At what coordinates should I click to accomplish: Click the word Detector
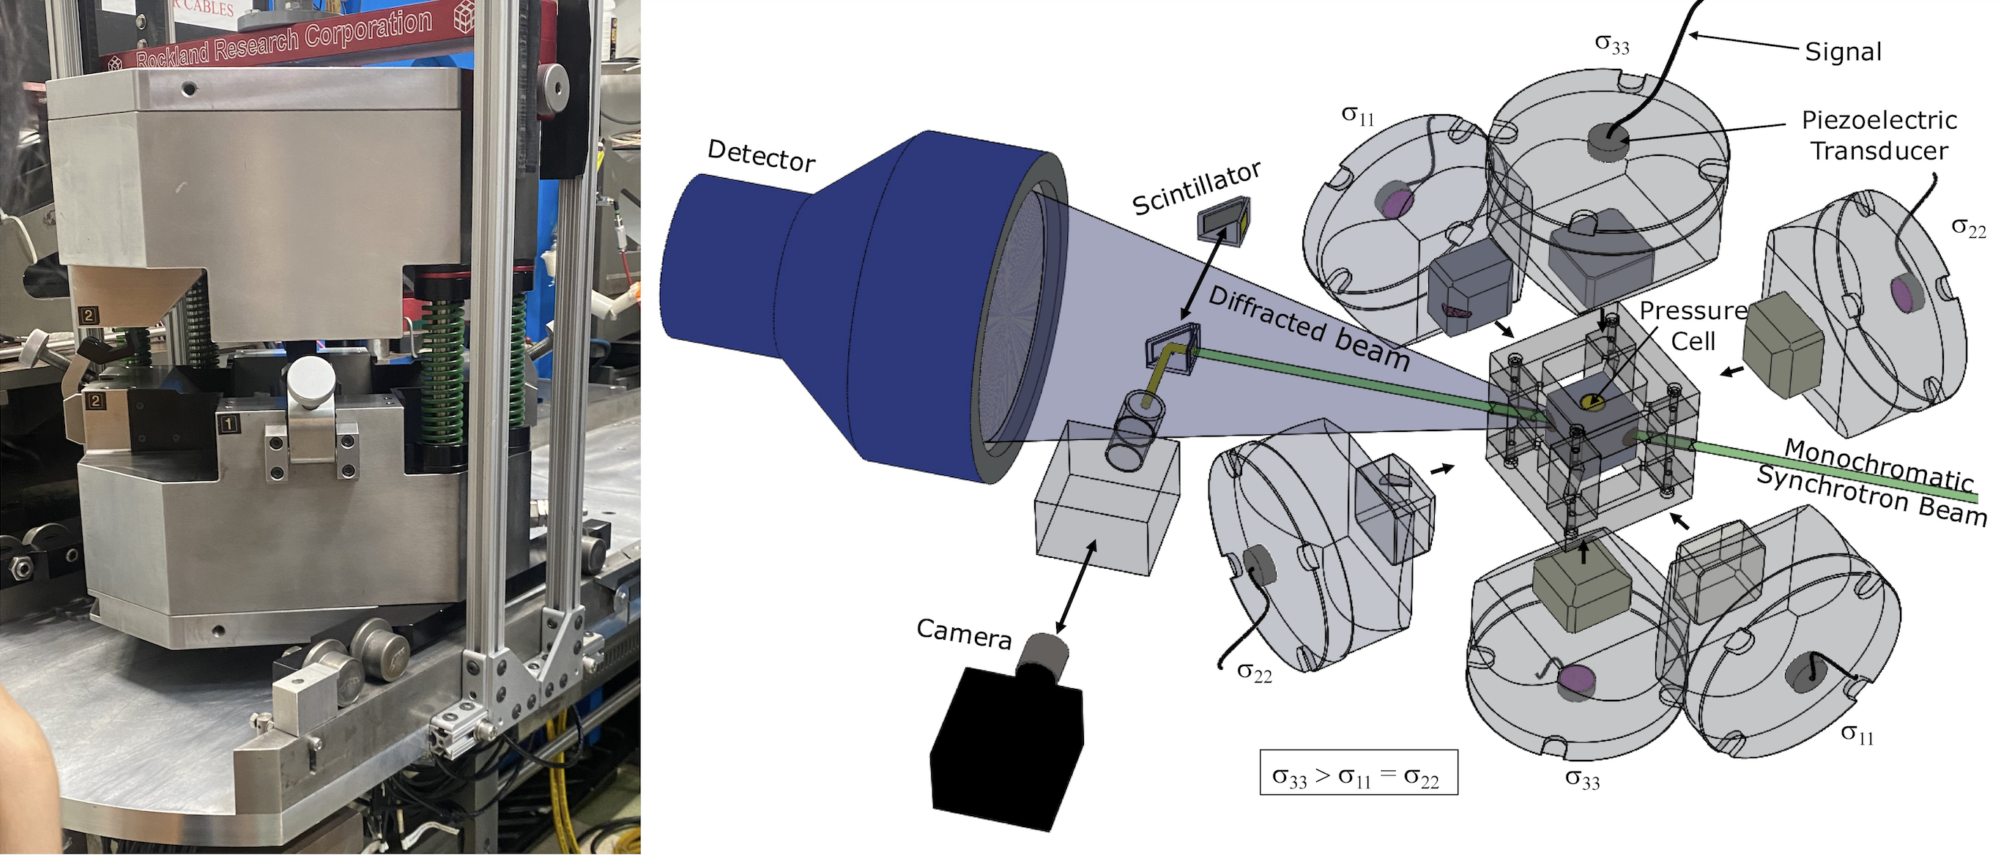[761, 156]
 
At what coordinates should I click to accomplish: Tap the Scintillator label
[1196, 188]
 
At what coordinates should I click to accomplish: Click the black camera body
[1006, 745]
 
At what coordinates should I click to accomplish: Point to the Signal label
[1843, 52]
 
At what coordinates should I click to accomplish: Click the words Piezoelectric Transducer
[1879, 135]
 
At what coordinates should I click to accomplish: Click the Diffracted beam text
[1309, 328]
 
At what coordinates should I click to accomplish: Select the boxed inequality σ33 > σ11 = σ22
[1359, 772]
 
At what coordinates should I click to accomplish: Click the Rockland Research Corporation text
[283, 37]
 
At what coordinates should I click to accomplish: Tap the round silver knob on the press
[311, 381]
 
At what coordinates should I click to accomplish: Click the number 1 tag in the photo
[229, 424]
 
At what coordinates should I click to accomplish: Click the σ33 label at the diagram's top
[1612, 44]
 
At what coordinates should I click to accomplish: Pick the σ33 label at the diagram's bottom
[1582, 779]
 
